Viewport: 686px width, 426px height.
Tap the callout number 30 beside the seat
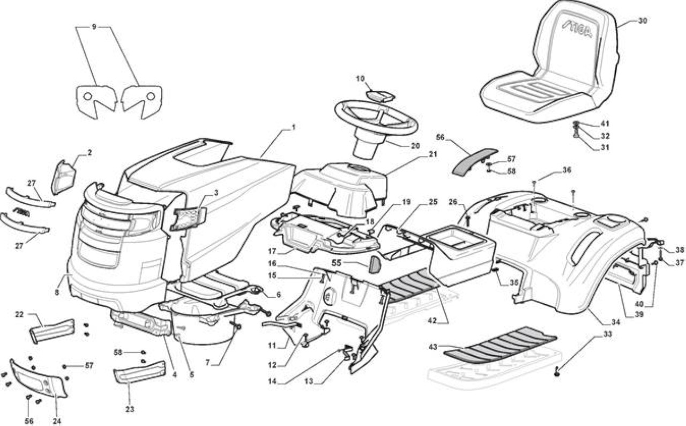coord(642,21)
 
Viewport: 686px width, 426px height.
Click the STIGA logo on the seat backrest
coord(577,30)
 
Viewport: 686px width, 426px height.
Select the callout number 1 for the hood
coord(294,127)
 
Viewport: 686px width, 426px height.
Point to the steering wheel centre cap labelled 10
coord(381,96)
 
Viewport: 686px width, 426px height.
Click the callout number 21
coord(433,154)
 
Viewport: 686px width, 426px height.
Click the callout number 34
coord(616,322)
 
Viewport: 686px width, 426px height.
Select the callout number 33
coord(607,334)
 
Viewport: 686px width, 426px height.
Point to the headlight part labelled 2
coord(63,177)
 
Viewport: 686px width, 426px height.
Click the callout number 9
coord(94,27)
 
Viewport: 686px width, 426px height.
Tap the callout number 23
coord(130,409)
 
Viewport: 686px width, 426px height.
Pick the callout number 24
coord(57,421)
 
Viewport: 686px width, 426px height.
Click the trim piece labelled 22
coord(52,331)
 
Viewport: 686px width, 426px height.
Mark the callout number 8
coord(57,292)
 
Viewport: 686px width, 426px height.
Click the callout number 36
coord(567,170)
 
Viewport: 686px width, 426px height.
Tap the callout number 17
coord(272,251)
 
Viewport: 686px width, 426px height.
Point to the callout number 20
coord(415,146)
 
